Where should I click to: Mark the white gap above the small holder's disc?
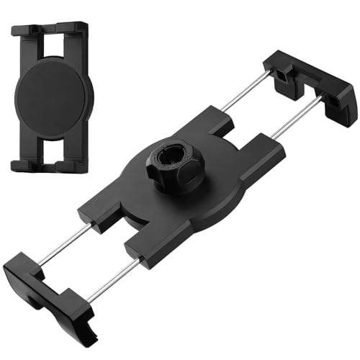[x=50, y=49]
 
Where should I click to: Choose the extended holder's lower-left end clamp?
[x=47, y=284]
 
